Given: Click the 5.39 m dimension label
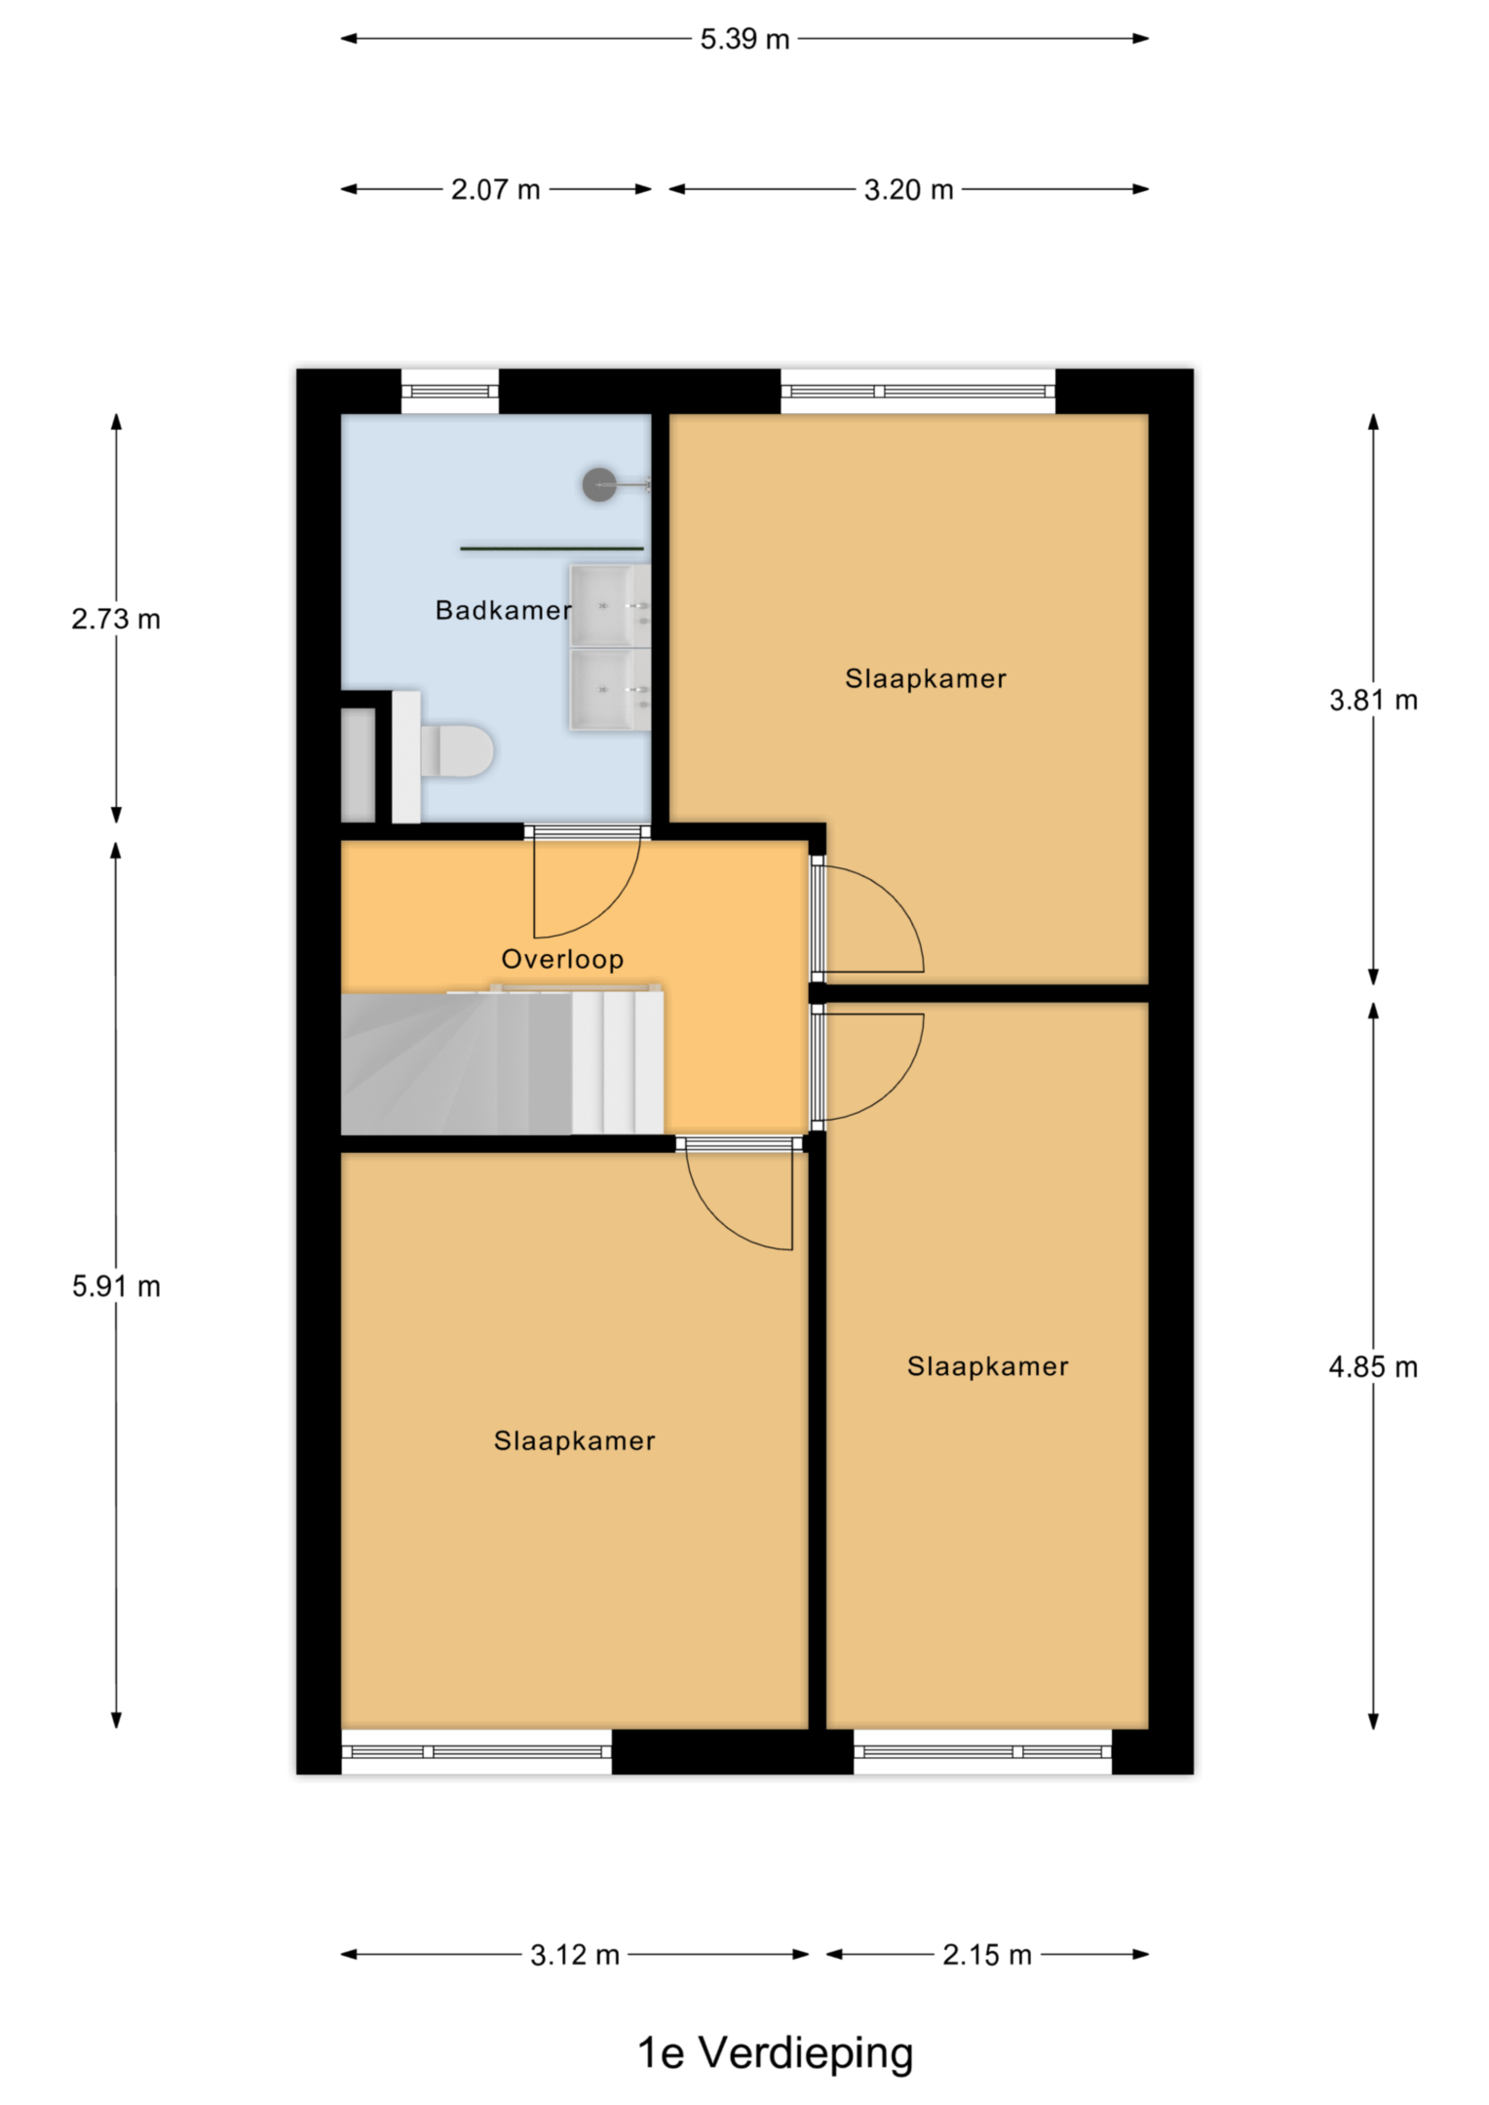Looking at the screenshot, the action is pyautogui.click(x=744, y=39).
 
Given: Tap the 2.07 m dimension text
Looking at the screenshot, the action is pyautogui.click(x=495, y=189).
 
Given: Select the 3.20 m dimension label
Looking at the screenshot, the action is pyautogui.click(x=908, y=189).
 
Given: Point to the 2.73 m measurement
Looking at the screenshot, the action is pyautogui.click(x=116, y=619).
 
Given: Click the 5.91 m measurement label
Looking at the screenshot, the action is pyautogui.click(x=116, y=1286).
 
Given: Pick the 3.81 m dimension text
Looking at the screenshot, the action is pyautogui.click(x=1373, y=700).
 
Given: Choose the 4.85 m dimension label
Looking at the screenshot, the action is pyautogui.click(x=1373, y=1367).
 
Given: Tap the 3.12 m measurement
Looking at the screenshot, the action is pyautogui.click(x=575, y=1954).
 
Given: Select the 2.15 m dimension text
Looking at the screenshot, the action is pyautogui.click(x=987, y=1954).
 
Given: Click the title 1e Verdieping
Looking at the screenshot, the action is pyautogui.click(x=776, y=2054).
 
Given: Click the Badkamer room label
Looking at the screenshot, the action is pyautogui.click(x=503, y=610).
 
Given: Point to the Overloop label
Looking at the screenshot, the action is pyautogui.click(x=562, y=959).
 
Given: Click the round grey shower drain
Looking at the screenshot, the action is pyautogui.click(x=599, y=484).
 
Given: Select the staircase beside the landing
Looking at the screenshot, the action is pyautogui.click(x=502, y=1062).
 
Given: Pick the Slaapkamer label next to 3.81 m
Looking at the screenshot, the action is pyautogui.click(x=926, y=678).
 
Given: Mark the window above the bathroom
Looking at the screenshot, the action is pyautogui.click(x=450, y=391).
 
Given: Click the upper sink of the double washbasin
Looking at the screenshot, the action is pyautogui.click(x=610, y=605).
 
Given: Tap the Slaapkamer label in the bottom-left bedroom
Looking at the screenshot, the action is pyautogui.click(x=575, y=1440).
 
